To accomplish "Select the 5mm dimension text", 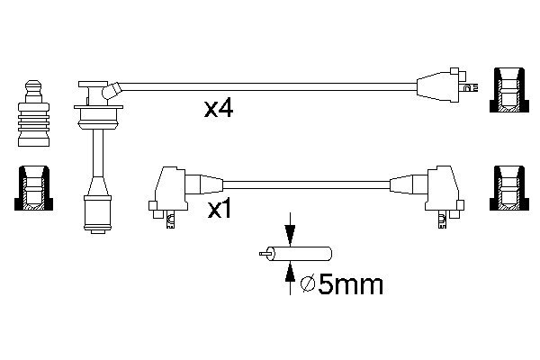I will (x=349, y=286).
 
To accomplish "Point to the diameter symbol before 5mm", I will (x=307, y=286).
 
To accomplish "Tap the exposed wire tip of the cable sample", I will (x=263, y=255).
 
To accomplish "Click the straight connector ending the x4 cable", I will (x=441, y=86).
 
